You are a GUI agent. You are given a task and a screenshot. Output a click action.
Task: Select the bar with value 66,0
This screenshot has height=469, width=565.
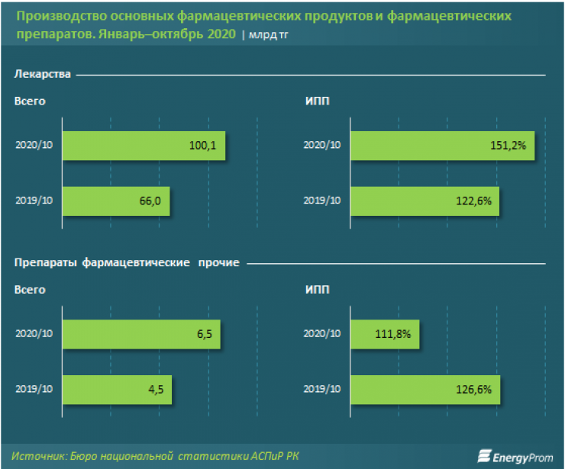(115, 201)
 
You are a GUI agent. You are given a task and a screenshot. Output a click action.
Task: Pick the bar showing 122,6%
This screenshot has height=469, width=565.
(424, 201)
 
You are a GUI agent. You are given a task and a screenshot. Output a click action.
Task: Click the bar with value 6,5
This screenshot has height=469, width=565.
(141, 334)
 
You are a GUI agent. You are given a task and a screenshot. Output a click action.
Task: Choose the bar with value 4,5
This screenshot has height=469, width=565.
(117, 390)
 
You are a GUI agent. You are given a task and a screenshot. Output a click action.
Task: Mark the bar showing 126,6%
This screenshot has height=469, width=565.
(425, 390)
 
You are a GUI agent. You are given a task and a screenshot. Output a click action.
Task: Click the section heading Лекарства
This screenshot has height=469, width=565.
(43, 75)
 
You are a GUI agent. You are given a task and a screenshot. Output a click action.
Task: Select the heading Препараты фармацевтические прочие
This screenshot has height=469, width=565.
(127, 263)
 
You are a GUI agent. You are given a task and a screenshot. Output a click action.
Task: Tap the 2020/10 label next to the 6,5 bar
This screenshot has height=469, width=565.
(34, 334)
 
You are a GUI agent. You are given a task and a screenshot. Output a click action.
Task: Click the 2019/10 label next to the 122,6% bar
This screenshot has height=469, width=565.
(322, 201)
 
